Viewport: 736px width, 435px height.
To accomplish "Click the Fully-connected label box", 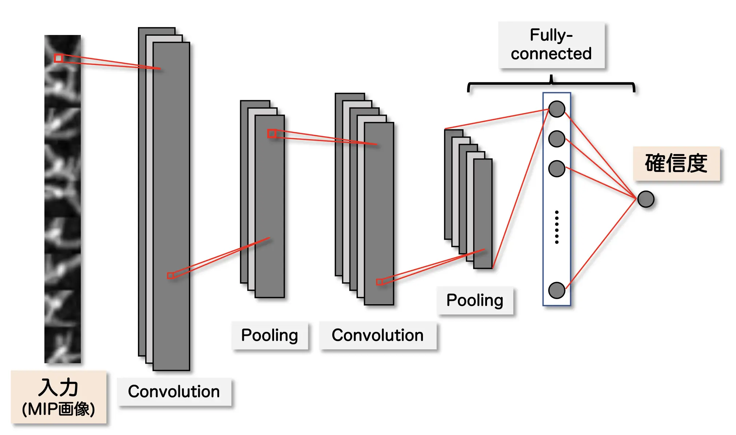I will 551,45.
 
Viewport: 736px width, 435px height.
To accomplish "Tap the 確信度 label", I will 676,163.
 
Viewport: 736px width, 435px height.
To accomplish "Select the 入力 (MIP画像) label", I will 59,397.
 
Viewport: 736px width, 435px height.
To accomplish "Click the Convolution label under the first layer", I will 174,392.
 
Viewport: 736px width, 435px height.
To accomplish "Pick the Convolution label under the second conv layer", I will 377,335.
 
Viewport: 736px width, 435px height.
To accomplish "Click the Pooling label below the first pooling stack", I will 270,335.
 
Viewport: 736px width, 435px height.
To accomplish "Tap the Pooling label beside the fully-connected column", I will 475,301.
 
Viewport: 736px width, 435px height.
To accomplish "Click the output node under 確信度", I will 646,199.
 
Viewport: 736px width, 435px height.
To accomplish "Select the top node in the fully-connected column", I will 557,109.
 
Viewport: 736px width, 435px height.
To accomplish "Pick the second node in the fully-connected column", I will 557,139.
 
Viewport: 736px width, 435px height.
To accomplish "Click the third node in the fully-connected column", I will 557,169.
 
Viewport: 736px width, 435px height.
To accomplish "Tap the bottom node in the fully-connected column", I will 557,290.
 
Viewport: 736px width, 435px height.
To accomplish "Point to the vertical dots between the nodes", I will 557,227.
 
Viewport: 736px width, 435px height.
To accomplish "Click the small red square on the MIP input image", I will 59,58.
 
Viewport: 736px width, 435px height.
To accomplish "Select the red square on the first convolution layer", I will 170,275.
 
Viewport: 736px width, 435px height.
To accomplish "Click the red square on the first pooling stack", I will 272,134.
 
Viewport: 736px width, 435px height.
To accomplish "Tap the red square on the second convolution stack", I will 379,282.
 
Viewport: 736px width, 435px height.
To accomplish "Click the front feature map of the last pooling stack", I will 483,213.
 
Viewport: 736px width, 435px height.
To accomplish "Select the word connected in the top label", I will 551,54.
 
